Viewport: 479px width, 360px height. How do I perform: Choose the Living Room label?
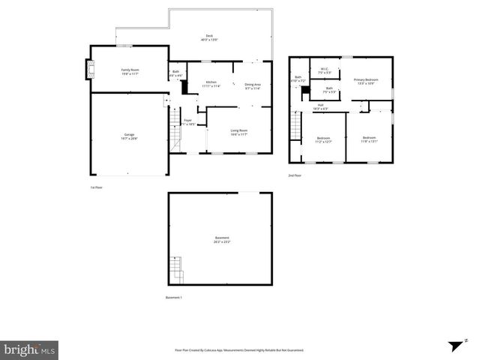pos(238,132)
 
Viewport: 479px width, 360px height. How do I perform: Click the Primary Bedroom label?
pos(365,81)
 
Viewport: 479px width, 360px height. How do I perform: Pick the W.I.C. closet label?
pos(324,71)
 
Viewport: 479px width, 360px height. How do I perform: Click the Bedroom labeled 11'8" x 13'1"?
pos(369,139)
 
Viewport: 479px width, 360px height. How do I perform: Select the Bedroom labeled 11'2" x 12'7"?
pos(323,139)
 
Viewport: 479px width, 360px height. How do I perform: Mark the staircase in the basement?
pos(175,268)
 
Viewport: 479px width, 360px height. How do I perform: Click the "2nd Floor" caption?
pos(295,175)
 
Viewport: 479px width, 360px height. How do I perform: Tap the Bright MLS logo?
pos(29,349)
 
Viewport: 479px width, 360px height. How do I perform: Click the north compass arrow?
pos(455,346)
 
